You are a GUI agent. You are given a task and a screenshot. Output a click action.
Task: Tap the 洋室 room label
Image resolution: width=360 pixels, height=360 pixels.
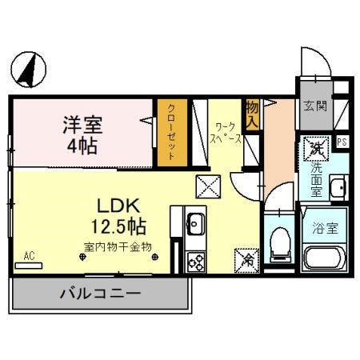(x=82, y=125)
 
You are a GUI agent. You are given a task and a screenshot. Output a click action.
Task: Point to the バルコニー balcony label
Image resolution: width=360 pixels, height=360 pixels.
(x=100, y=294)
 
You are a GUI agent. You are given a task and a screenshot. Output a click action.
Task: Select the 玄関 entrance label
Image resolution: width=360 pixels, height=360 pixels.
(x=314, y=105)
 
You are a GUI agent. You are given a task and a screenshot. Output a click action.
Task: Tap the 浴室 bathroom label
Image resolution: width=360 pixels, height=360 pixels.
(x=325, y=227)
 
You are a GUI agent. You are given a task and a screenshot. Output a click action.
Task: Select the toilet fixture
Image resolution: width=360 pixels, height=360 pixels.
(x=280, y=242)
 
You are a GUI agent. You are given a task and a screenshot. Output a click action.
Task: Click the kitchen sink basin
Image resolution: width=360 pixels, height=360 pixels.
(x=194, y=225)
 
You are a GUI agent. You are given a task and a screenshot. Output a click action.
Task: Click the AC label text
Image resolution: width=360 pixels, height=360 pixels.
(x=29, y=256)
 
